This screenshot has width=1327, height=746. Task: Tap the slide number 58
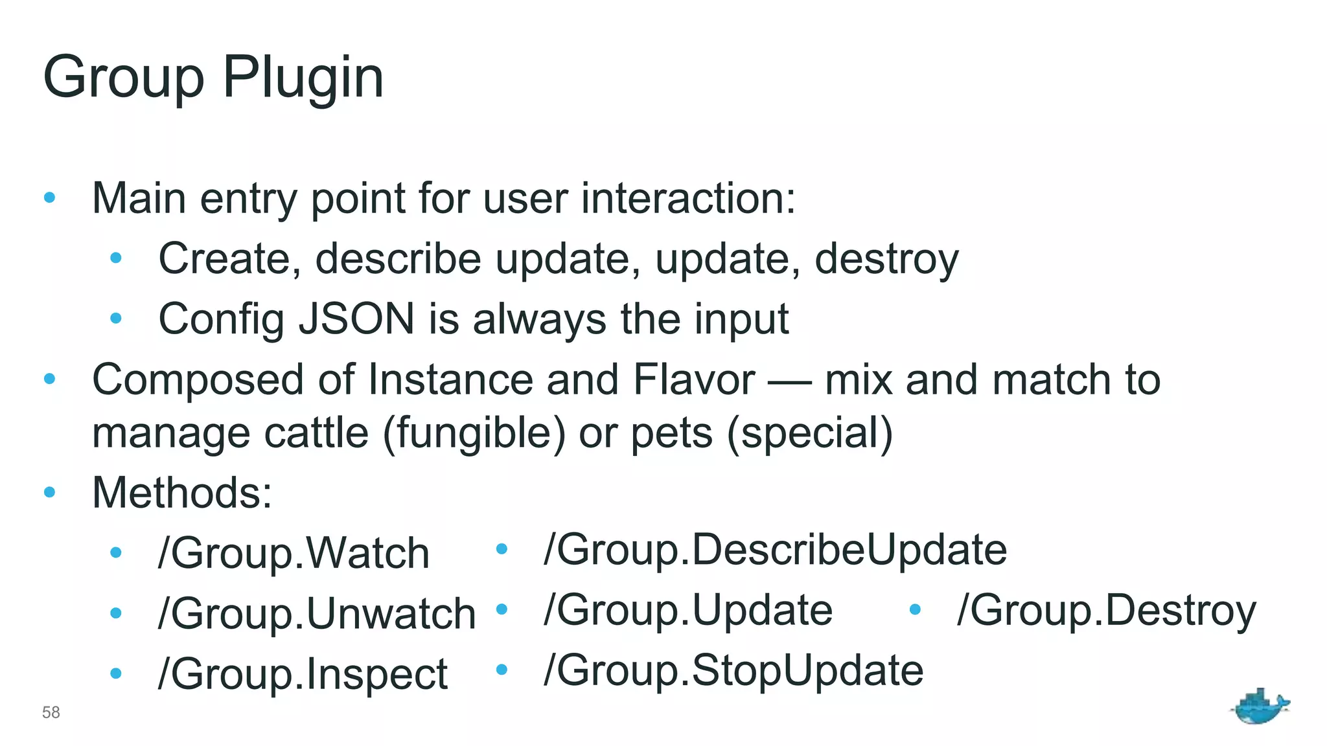click(x=51, y=712)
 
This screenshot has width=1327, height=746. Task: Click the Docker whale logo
click(x=1260, y=706)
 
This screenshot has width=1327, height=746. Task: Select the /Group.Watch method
click(x=294, y=553)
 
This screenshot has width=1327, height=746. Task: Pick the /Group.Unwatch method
click(x=317, y=613)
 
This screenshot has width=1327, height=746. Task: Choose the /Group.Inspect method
click(x=303, y=674)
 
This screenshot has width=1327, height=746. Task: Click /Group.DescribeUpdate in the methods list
click(x=775, y=549)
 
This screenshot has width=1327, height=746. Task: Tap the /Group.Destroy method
click(x=1106, y=609)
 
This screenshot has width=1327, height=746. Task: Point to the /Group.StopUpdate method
click(x=733, y=670)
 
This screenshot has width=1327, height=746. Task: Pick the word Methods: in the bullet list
click(x=182, y=492)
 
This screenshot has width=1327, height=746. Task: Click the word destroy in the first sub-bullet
click(x=886, y=258)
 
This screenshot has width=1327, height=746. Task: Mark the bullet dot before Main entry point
click(x=50, y=198)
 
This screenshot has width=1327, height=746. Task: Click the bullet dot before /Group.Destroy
click(x=915, y=609)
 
